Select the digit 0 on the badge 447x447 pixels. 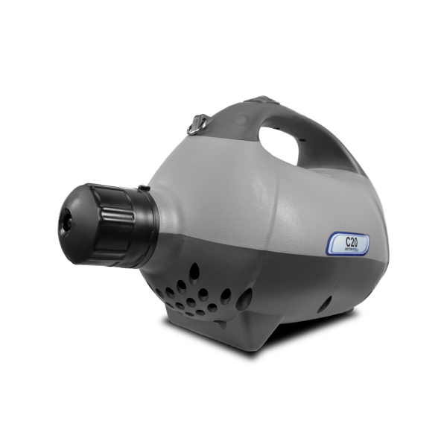357,241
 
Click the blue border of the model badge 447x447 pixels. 329,244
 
